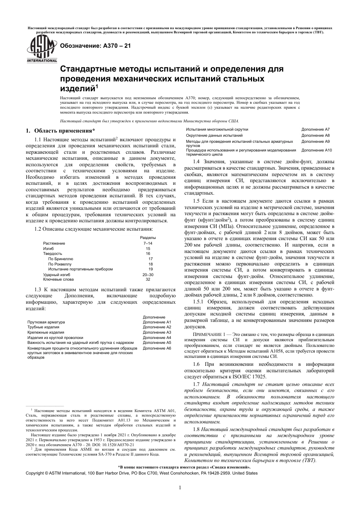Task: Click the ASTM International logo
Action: tap(41, 50)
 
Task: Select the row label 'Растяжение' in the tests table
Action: tap(54, 243)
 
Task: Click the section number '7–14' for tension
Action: tap(147, 243)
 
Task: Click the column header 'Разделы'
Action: tap(148, 237)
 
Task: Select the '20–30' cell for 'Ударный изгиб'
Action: tap(148, 274)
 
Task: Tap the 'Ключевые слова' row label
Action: tap(58, 279)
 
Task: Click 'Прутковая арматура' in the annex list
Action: tap(46, 322)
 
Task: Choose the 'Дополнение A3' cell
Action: tap(157, 332)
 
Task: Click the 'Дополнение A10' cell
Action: tap(316, 150)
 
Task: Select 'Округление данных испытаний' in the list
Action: tap(214, 135)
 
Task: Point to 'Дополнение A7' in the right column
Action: tap(315, 130)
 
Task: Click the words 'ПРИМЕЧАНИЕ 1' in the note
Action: tap(210, 335)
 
